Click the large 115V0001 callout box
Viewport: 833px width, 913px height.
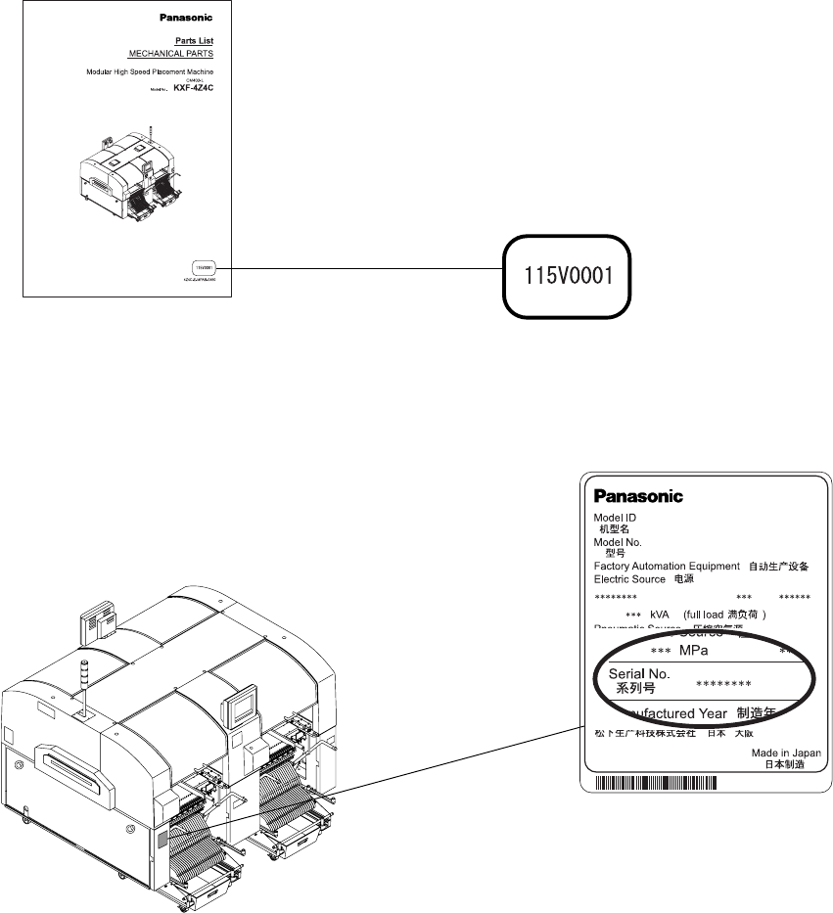point(566,276)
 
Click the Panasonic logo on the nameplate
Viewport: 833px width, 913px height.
point(638,496)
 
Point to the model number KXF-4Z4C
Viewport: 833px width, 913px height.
point(193,88)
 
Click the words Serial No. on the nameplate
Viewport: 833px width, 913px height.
point(639,674)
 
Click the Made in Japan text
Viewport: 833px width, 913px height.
point(786,753)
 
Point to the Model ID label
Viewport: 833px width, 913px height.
point(615,518)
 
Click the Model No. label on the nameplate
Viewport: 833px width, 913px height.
point(618,541)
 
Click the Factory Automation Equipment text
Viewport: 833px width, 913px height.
point(666,566)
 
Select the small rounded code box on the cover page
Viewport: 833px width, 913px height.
point(203,266)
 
